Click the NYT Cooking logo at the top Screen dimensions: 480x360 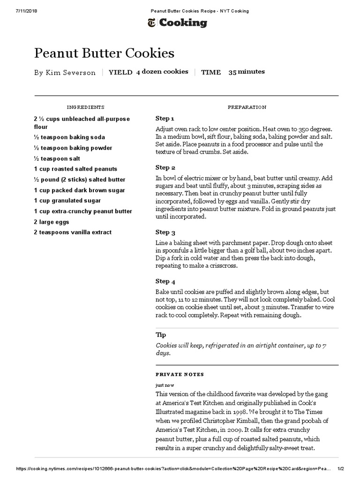tap(177, 22)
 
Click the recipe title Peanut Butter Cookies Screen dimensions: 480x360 tap(104, 53)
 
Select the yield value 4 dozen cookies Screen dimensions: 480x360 tap(162, 72)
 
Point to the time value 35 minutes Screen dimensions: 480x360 tap(247, 72)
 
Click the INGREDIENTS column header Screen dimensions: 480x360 tap(85, 107)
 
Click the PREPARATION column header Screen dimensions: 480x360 tap(247, 107)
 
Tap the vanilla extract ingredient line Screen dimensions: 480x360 tap(73, 232)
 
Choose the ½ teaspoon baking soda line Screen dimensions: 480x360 tap(69, 137)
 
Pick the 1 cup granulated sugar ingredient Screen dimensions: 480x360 tap(67, 201)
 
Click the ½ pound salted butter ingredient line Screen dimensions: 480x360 tap(80, 180)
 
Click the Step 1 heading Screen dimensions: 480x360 tap(165, 119)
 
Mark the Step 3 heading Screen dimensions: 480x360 tap(165, 232)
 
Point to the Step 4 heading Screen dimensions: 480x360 tap(165, 282)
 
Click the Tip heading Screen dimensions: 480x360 tap(161, 335)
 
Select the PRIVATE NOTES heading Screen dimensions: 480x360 tap(180, 375)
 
